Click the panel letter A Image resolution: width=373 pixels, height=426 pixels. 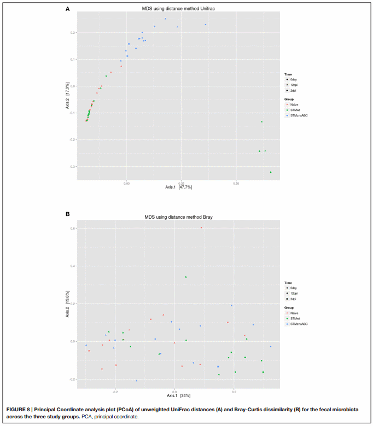pyautogui.click(x=67, y=9)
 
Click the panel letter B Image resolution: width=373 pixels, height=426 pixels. pyautogui.click(x=67, y=214)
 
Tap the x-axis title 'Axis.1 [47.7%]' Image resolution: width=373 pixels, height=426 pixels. pyautogui.click(x=178, y=187)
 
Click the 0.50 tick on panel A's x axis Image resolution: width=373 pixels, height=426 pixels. pyautogui.click(x=236, y=183)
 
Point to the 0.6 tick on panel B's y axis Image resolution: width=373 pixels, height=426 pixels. pyautogui.click(x=73, y=228)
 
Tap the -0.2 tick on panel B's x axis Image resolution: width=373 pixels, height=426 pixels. pyautogui.click(x=115, y=392)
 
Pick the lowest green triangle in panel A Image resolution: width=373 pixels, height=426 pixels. pyautogui.click(x=270, y=172)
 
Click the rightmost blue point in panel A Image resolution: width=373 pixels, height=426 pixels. pyautogui.click(x=206, y=25)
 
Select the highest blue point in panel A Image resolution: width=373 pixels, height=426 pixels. pyautogui.click(x=165, y=19)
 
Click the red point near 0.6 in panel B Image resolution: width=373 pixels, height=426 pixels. pyautogui.click(x=201, y=227)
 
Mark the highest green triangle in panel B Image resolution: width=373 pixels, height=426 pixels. pyautogui.click(x=186, y=277)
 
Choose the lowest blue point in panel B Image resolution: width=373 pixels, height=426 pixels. pyautogui.click(x=136, y=381)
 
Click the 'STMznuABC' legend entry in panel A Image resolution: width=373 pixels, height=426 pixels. pyautogui.click(x=299, y=115)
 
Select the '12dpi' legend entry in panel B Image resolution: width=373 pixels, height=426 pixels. pyautogui.click(x=294, y=294)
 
